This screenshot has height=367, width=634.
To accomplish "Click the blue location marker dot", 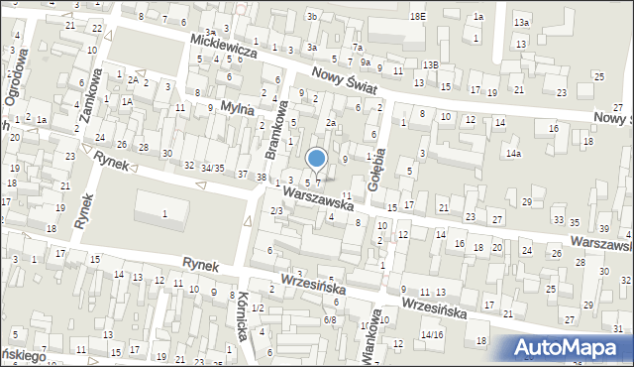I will tap(316, 157).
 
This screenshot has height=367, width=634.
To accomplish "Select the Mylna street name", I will tap(238, 106).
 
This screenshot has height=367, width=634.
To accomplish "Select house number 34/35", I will tap(211, 168).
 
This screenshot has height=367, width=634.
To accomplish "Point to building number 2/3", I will tap(277, 210).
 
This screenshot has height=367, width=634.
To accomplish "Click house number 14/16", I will tap(432, 335).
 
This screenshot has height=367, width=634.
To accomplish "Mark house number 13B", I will tap(429, 64).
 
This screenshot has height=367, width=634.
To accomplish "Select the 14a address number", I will tap(512, 154).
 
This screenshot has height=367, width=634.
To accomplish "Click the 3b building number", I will tap(312, 16).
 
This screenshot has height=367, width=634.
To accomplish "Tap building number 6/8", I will tap(330, 319).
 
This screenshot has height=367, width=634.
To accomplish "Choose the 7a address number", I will tap(357, 48).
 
